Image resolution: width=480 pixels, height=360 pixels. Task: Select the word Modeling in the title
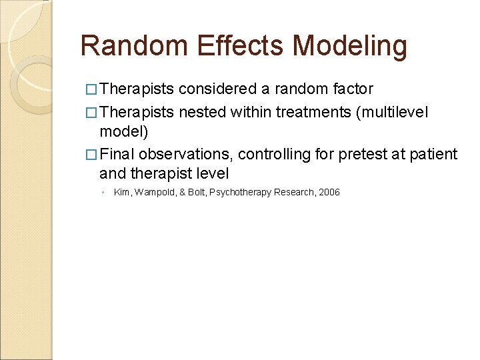tap(350, 46)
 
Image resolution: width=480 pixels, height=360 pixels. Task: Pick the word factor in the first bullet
tap(353, 89)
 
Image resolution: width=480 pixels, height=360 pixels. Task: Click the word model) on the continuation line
tap(124, 132)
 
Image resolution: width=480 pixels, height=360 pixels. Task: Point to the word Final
tap(117, 155)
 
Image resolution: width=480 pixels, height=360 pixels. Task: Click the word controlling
tap(274, 155)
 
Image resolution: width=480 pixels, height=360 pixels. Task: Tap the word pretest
tap(360, 155)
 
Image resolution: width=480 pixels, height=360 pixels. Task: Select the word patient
tap(434, 155)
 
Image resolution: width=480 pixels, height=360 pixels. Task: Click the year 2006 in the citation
tap(329, 192)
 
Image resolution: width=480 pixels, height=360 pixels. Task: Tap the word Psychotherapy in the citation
tap(240, 192)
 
